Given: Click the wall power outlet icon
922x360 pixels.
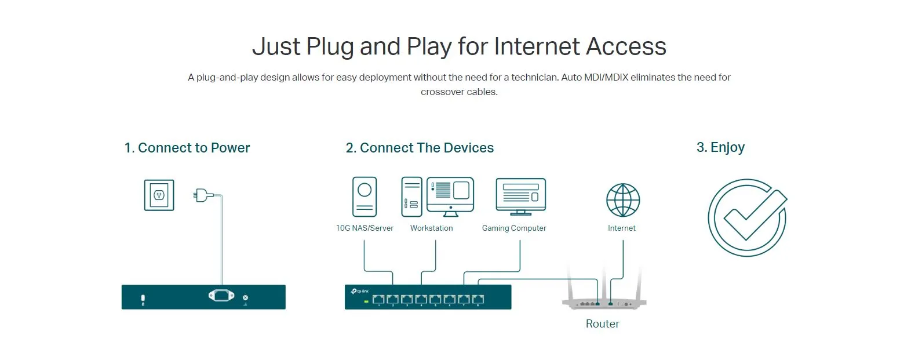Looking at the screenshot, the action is pyautogui.click(x=159, y=195).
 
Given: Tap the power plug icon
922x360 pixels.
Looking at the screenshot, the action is pyautogui.click(x=203, y=195).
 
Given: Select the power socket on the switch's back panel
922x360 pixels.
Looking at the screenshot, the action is pyautogui.click(x=221, y=295).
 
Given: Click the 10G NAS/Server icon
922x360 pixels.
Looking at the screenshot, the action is pyautogui.click(x=365, y=197).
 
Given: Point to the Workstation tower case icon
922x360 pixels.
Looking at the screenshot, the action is pyautogui.click(x=411, y=197).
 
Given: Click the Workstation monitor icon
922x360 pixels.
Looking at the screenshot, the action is pyautogui.click(x=450, y=197).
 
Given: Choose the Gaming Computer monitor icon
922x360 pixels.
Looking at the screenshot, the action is pyautogui.click(x=520, y=197).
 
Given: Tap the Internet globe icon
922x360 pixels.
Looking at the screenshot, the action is pyautogui.click(x=623, y=200).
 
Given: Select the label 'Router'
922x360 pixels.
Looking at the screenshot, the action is pyautogui.click(x=603, y=323).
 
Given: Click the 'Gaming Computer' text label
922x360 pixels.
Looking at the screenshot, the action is pyautogui.click(x=514, y=228).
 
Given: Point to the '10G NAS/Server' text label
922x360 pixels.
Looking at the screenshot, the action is pyautogui.click(x=365, y=228).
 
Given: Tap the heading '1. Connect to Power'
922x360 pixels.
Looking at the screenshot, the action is pyautogui.click(x=187, y=148).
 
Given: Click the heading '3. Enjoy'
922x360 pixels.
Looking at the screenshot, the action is pyautogui.click(x=721, y=147).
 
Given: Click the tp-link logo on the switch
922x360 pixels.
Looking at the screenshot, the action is pyautogui.click(x=360, y=291).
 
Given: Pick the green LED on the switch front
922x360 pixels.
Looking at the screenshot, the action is pyautogui.click(x=366, y=302).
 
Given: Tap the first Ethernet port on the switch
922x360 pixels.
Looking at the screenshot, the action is pyautogui.click(x=378, y=300).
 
